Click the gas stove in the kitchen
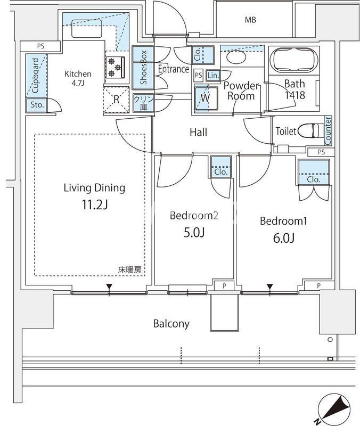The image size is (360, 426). (116, 67)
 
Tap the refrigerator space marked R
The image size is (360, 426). (116, 100)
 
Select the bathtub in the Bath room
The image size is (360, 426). (296, 60)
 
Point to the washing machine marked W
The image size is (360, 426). (206, 98)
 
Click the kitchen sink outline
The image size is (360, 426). (87, 28)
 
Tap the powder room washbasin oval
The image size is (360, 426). (236, 57)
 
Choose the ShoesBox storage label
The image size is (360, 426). (143, 67)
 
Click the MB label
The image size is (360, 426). (250, 20)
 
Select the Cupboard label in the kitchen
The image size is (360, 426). (35, 76)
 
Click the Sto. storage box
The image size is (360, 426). (37, 105)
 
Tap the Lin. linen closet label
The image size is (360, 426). (213, 75)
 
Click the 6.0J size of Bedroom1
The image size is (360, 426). (284, 238)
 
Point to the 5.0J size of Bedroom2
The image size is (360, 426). (194, 233)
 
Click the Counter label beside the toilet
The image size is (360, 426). (328, 130)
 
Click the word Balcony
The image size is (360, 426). (171, 324)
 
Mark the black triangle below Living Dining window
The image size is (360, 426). (109, 286)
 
